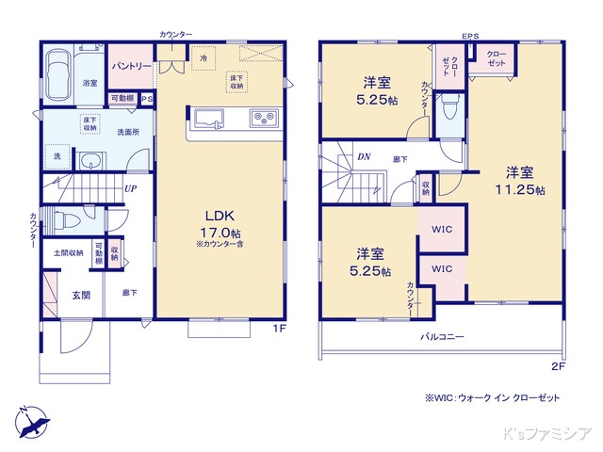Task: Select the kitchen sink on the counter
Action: pyautogui.click(x=209, y=120)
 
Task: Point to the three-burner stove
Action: pyautogui.click(x=262, y=119)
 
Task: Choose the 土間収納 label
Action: pyautogui.click(x=68, y=252)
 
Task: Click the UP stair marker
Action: pyautogui.click(x=129, y=187)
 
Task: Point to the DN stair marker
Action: pyautogui.click(x=363, y=157)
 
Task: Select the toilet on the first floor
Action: pyautogui.click(x=67, y=221)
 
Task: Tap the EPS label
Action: pyautogui.click(x=469, y=37)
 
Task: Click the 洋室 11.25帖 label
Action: pyautogui.click(x=519, y=180)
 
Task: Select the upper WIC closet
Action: pyautogui.click(x=442, y=229)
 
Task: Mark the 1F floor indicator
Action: pyautogui.click(x=280, y=328)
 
